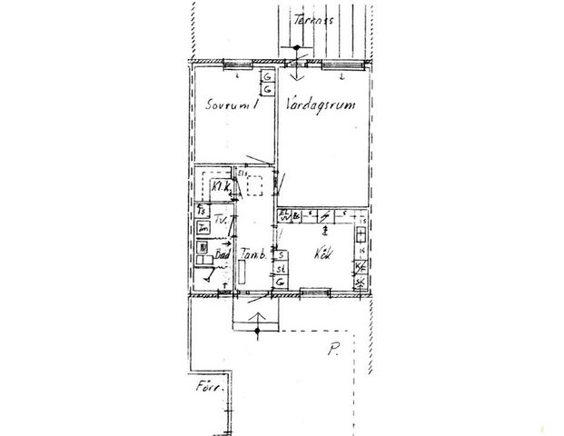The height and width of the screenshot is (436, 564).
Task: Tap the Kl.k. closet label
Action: [220, 186]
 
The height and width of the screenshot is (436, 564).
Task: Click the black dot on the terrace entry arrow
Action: [295, 47]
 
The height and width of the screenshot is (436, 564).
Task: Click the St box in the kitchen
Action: [282, 269]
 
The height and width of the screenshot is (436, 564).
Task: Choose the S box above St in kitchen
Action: [282, 255]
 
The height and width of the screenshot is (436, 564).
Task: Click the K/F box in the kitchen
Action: [361, 267]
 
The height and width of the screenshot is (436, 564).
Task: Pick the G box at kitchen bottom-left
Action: [282, 283]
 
